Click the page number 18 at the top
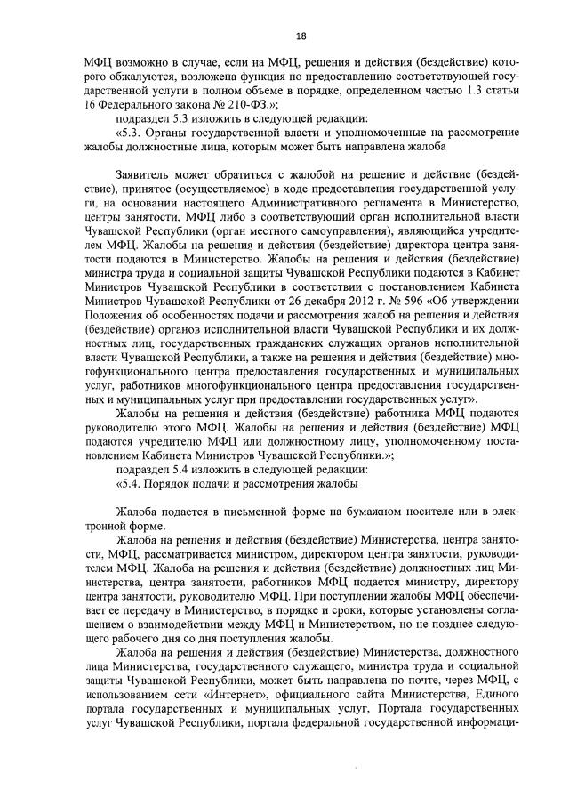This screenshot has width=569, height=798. pyautogui.click(x=301, y=36)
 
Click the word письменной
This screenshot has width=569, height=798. pyautogui.click(x=236, y=512)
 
